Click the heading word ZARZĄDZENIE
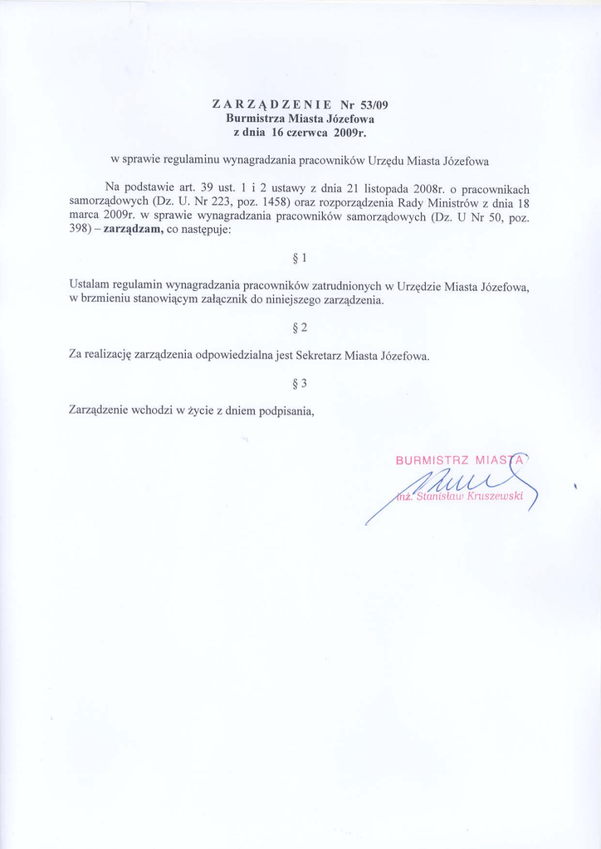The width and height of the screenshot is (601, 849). pos(272,105)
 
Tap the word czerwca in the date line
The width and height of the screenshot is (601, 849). pos(297,132)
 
